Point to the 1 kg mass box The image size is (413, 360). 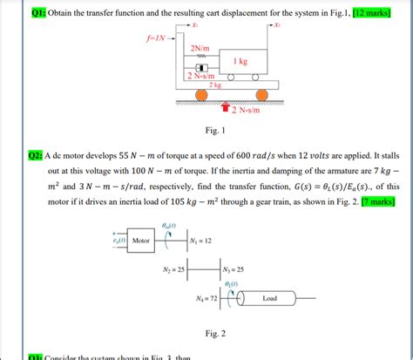[241, 62]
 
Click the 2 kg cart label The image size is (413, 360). [214, 85]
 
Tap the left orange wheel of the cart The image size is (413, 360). [199, 95]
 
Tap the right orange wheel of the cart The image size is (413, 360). [261, 95]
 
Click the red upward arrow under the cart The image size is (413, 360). [225, 108]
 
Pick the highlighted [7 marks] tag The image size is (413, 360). [379, 201]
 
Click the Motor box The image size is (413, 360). [140, 241]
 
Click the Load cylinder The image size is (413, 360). [270, 298]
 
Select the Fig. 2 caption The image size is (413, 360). [214, 333]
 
